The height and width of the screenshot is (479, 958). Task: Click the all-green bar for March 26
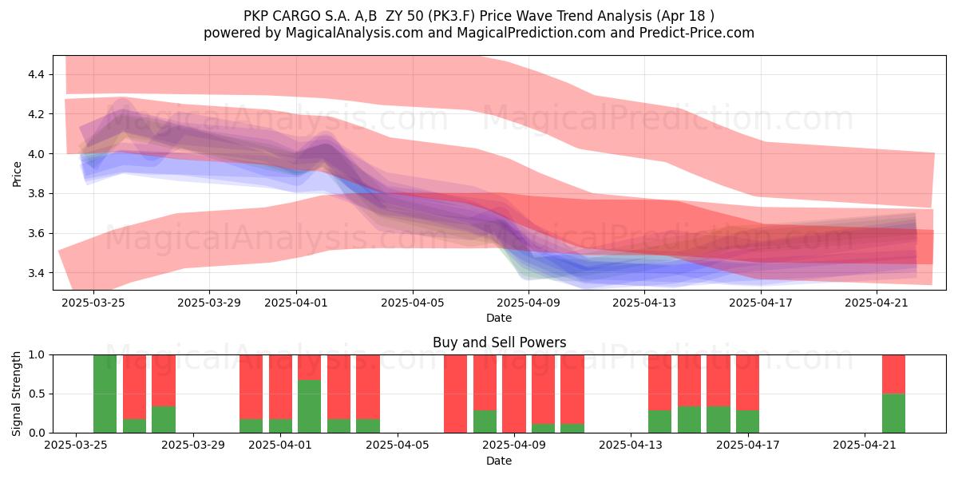[105, 394]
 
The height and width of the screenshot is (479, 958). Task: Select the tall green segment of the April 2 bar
[309, 406]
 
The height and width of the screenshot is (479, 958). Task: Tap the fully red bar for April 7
[456, 394]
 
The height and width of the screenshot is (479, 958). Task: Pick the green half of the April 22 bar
[894, 414]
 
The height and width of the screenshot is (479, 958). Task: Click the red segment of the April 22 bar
[894, 374]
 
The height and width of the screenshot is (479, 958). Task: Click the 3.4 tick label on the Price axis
[36, 273]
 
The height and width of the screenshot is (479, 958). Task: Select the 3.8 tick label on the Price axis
[36, 194]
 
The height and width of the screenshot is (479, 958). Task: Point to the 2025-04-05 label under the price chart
[413, 303]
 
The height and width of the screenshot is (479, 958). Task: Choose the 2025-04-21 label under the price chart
[877, 303]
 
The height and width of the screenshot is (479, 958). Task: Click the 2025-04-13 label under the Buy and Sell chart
[631, 445]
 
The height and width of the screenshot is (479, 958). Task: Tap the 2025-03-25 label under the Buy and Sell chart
[76, 445]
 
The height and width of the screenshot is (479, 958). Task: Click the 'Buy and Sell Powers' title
[499, 342]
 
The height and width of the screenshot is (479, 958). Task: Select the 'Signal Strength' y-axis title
[16, 394]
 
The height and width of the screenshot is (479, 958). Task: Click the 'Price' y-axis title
[17, 174]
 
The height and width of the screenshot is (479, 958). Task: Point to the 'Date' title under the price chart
[499, 318]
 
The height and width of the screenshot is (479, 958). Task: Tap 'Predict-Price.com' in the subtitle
[697, 33]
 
